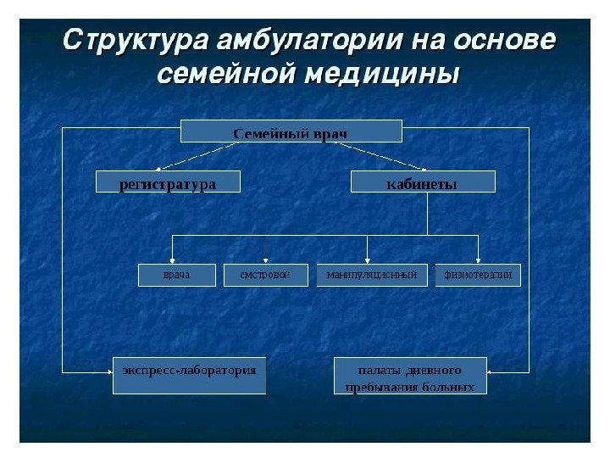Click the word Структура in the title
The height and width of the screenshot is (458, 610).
point(137,42)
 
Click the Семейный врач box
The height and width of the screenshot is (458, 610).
point(291,131)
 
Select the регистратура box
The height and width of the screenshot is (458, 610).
point(168,182)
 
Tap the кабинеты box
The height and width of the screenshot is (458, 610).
point(422,182)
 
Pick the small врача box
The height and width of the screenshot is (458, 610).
point(177,276)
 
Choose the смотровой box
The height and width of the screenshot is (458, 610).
point(266,276)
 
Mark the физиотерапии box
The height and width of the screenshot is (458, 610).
point(478,276)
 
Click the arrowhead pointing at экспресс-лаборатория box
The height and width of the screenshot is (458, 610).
point(108,370)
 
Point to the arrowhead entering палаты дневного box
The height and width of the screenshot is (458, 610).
point(493,370)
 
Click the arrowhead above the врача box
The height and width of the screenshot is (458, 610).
point(173,260)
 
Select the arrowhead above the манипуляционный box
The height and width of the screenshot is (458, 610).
point(367,260)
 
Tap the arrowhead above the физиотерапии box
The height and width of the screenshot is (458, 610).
point(478,260)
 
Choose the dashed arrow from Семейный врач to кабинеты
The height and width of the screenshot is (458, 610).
point(381,155)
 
